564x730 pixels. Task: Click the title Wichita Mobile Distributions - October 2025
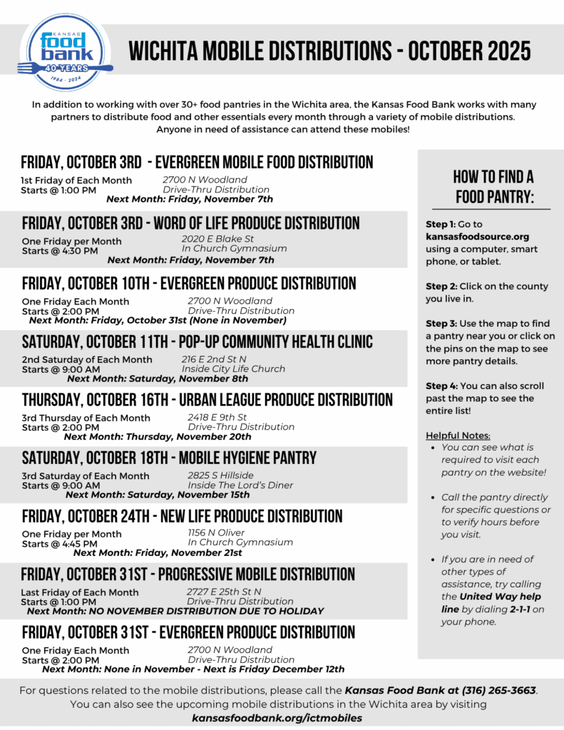click(329, 52)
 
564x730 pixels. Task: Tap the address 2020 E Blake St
click(218, 239)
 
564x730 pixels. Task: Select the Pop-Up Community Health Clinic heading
click(197, 342)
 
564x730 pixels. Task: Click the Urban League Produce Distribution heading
click(207, 400)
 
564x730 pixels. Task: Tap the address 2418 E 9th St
click(217, 417)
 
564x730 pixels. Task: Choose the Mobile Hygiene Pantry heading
click(169, 458)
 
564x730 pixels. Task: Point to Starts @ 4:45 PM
click(61, 544)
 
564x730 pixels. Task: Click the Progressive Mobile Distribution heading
click(188, 575)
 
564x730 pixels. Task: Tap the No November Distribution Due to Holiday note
click(175, 611)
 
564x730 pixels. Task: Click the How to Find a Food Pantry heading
click(493, 187)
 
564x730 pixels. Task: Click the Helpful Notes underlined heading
click(458, 436)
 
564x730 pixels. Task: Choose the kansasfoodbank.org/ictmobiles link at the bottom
click(277, 718)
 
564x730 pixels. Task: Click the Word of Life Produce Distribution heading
click(191, 223)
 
